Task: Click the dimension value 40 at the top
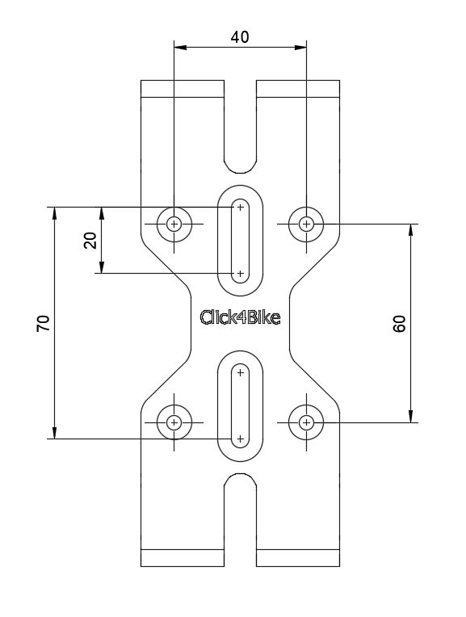(x=240, y=37)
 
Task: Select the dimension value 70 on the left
(x=44, y=323)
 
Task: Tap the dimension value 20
(x=90, y=241)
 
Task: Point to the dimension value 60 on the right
(x=399, y=324)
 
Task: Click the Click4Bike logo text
(x=240, y=317)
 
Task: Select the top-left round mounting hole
(x=174, y=225)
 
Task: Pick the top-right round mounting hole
(x=306, y=225)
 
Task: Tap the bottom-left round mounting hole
(x=174, y=422)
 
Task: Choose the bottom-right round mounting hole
(x=306, y=422)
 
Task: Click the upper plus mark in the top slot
(x=240, y=208)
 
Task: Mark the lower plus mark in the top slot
(x=240, y=274)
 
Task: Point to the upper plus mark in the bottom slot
(x=240, y=372)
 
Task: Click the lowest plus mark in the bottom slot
(x=240, y=439)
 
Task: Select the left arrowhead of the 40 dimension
(x=180, y=47)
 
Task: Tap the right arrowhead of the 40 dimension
(x=300, y=47)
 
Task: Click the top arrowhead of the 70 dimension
(x=54, y=213)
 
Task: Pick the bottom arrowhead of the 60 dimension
(x=411, y=417)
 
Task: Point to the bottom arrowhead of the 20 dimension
(x=102, y=267)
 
